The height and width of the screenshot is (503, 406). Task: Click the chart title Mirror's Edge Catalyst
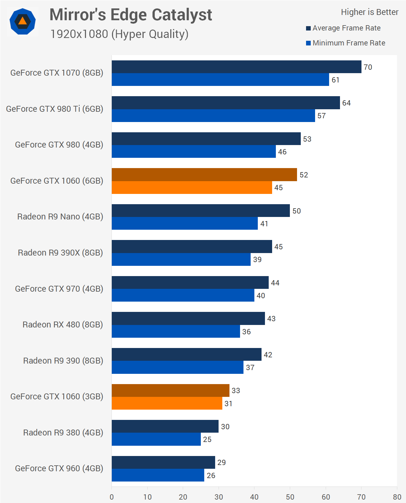pos(131,15)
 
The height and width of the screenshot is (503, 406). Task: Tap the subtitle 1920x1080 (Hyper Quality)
pos(119,34)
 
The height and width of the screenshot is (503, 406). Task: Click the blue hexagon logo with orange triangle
pos(22,21)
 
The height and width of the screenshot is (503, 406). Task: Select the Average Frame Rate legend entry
pos(346,28)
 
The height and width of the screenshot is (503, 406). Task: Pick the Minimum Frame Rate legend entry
pos(349,43)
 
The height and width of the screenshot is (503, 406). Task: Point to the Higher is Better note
pos(370,12)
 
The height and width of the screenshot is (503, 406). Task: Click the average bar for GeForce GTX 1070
pos(236,67)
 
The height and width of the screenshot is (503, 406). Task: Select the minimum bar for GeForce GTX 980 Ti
pos(213,116)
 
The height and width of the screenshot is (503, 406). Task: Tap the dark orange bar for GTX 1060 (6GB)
pos(204,175)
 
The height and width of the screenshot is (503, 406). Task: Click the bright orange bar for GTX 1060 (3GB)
pos(167,403)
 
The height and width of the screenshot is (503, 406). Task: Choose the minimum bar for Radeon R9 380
pos(156,439)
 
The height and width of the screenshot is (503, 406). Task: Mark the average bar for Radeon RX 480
pos(188,318)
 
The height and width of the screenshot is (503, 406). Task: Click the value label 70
pos(368,67)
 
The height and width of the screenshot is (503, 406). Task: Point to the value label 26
pos(211,475)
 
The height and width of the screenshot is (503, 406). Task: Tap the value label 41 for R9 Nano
pos(264,224)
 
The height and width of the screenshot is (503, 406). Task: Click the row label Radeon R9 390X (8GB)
pos(60,252)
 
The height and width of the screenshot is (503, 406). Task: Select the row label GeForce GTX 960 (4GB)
pos(59,468)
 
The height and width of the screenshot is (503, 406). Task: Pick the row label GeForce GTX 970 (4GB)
pos(59,289)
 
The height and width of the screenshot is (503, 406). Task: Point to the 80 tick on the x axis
pos(397,497)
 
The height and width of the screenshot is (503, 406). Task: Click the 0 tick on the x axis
pos(112,497)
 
